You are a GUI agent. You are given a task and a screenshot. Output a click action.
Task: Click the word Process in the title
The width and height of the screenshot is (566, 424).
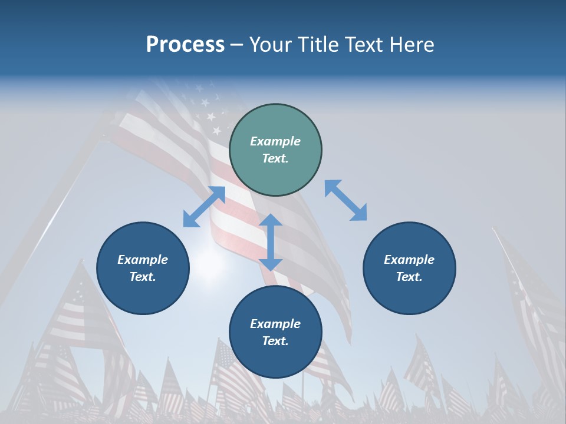click(185, 45)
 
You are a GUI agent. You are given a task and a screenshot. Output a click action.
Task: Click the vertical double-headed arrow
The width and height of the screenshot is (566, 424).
click(271, 243)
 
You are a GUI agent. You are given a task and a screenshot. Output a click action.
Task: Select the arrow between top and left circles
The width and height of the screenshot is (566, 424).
click(204, 207)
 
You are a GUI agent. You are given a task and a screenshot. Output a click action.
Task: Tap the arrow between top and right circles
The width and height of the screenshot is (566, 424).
click(345, 201)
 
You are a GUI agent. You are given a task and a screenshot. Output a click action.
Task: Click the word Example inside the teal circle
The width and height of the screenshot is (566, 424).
click(275, 141)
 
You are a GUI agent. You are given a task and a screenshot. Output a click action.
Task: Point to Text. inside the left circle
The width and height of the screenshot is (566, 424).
click(143, 277)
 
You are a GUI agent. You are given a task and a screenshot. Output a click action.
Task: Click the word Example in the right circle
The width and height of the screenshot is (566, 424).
click(409, 260)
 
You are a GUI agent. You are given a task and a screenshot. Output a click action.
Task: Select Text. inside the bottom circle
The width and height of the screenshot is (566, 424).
click(275, 341)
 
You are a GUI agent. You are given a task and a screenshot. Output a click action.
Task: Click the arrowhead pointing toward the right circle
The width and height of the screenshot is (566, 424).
click(359, 214)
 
